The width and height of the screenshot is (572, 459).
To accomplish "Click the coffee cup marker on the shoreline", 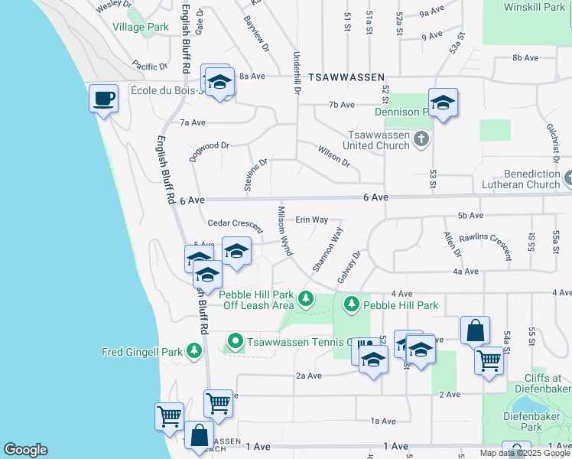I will click(x=103, y=98).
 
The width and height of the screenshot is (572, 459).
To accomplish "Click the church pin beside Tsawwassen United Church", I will click(x=421, y=139).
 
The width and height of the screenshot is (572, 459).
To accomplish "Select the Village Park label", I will click(x=140, y=27).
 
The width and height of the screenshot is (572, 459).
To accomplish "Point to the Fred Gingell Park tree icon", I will click(x=194, y=352).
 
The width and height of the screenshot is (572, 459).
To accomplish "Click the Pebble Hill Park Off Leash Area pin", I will click(x=306, y=298).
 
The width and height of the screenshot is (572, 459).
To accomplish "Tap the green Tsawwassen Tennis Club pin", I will click(x=236, y=341).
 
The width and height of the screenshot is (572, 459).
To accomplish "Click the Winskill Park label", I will click(x=533, y=7).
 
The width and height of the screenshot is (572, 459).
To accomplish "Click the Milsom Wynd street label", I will click(x=284, y=230).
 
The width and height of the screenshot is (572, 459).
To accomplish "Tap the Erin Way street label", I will click(x=311, y=220).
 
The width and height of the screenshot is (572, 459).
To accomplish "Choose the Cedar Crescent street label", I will click(x=235, y=224).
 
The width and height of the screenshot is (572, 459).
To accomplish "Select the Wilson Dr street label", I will click(x=333, y=156).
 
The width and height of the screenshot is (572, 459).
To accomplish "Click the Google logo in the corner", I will click(x=25, y=450).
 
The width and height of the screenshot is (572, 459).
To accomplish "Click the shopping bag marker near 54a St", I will click(x=475, y=330).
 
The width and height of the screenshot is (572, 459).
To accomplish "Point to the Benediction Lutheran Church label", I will click(x=521, y=179).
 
